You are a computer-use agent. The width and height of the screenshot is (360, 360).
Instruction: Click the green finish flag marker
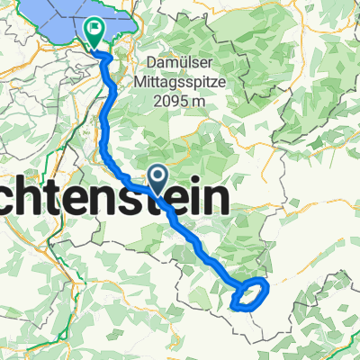(94, 32)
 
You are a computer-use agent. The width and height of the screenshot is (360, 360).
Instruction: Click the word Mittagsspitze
(188, 83)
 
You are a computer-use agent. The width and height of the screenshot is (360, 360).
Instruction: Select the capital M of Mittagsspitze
(150, 83)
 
